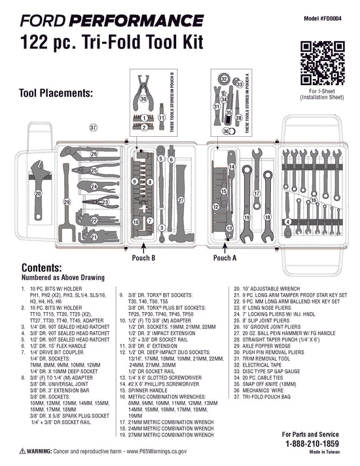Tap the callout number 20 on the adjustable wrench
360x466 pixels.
pos(38,194)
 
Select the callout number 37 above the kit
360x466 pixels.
pos(93,127)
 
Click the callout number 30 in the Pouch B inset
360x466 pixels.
pos(144,99)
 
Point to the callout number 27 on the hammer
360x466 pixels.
pos(181,200)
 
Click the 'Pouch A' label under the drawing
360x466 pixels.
pos(225,258)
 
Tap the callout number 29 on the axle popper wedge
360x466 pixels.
pos(66,202)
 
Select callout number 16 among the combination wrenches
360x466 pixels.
pos(313,200)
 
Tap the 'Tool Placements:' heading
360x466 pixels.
pos(56,93)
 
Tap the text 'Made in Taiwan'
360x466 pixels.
pos(323,452)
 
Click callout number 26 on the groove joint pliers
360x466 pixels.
pos(94,154)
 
